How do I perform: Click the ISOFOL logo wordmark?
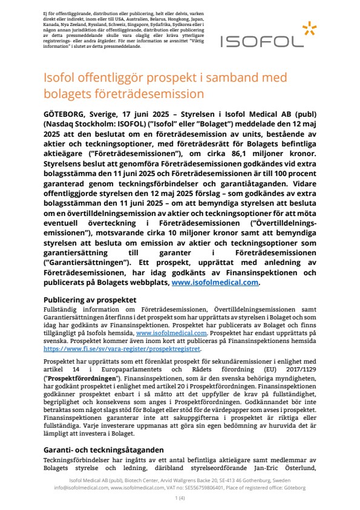point(270,41)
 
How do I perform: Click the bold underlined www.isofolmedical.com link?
point(215,281)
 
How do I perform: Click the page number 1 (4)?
point(180,497)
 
